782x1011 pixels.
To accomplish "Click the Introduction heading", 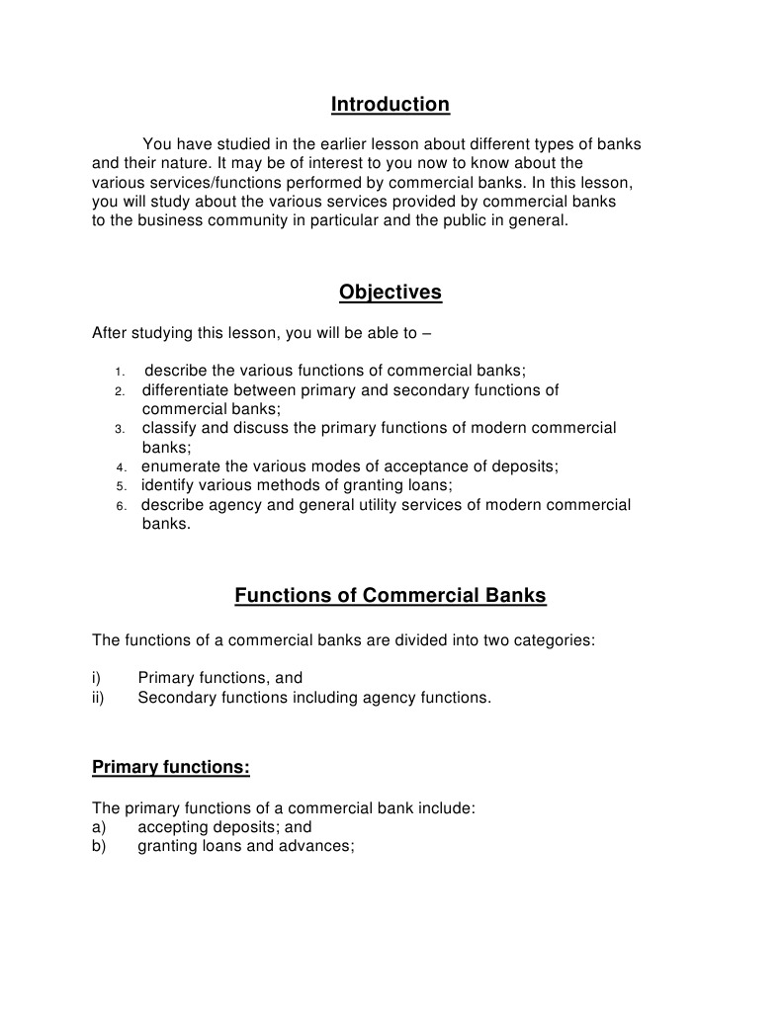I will pos(390,105).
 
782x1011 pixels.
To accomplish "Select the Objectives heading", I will pos(390,293).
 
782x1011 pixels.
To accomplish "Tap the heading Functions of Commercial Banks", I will pos(390,596).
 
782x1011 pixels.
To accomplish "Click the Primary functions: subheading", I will pos(170,767).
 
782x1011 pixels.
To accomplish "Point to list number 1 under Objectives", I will pos(118,372).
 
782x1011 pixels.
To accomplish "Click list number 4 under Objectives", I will pos(121,467).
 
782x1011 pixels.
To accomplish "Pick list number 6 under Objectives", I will pos(121,506).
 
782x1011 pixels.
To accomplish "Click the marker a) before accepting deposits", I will pos(99,827).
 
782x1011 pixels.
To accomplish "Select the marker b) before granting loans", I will pos(99,847).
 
